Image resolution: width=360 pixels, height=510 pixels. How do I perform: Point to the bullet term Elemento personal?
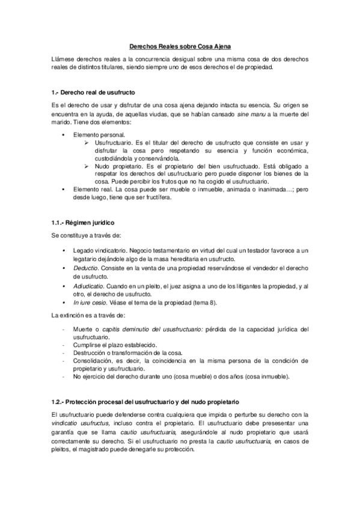(99, 135)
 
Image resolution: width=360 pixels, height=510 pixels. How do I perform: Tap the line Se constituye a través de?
(86, 235)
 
